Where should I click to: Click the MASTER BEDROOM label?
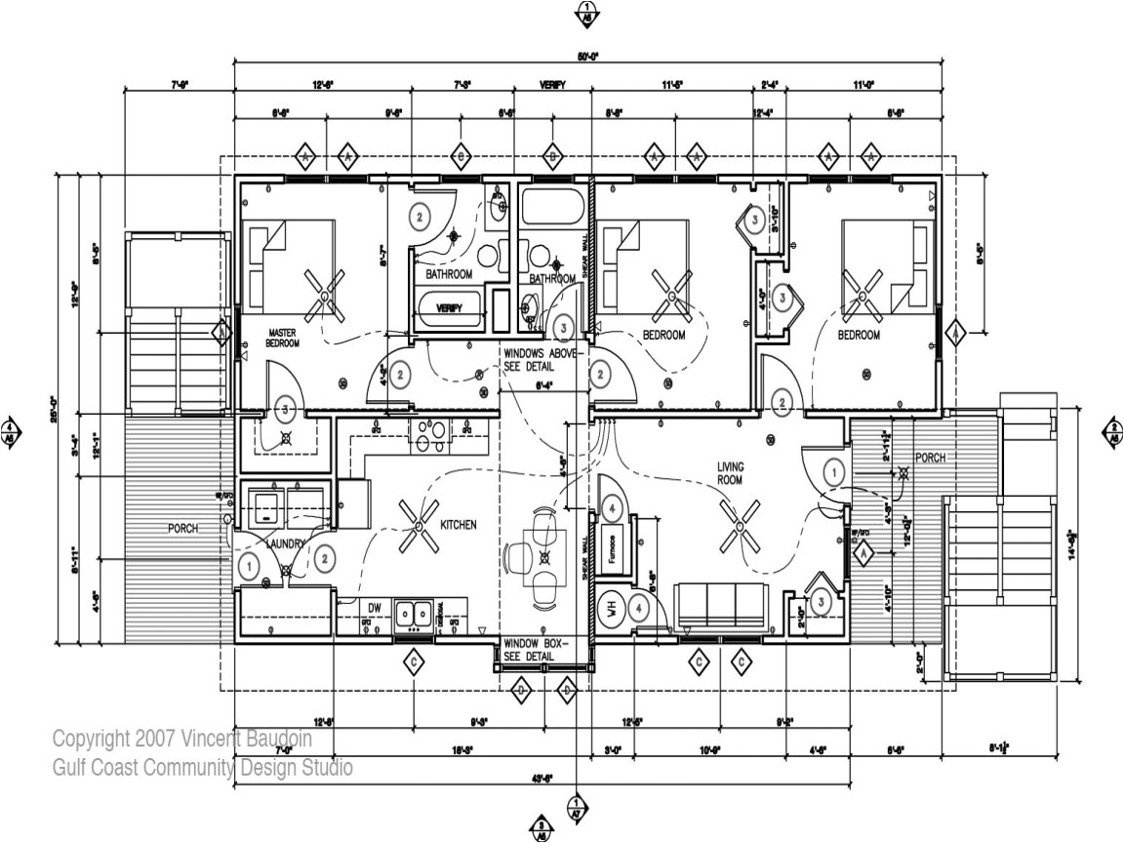click(x=282, y=339)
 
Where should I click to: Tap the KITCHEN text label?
click(x=459, y=525)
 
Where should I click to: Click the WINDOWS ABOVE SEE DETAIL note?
click(x=541, y=360)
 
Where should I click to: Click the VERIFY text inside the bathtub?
click(x=449, y=308)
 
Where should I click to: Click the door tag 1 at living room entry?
click(x=832, y=472)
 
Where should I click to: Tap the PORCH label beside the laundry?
click(x=181, y=528)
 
